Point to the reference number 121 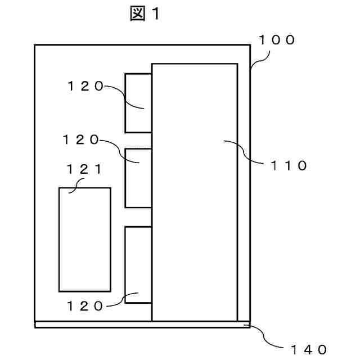pos(84,168)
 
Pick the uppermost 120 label pos(85,86)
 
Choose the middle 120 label pos(81,140)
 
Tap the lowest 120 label pos(85,306)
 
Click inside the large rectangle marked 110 pos(194,191)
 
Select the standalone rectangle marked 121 pos(84,239)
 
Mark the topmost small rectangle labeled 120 pos(138,102)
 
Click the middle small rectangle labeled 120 pos(138,178)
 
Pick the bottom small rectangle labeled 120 pos(138,264)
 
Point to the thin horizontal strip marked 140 pos(141,324)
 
